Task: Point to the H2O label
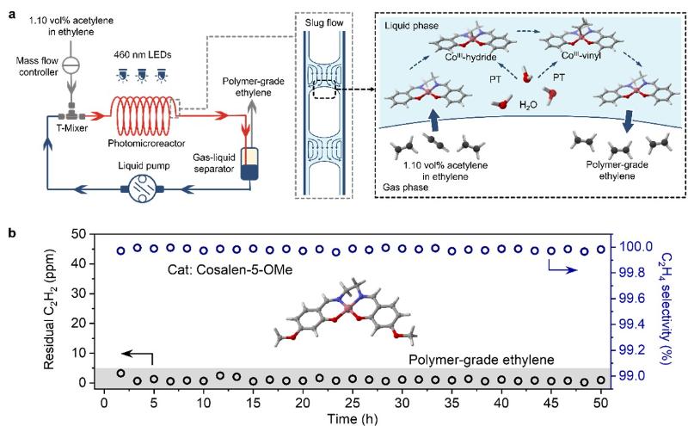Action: pos(517,116)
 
